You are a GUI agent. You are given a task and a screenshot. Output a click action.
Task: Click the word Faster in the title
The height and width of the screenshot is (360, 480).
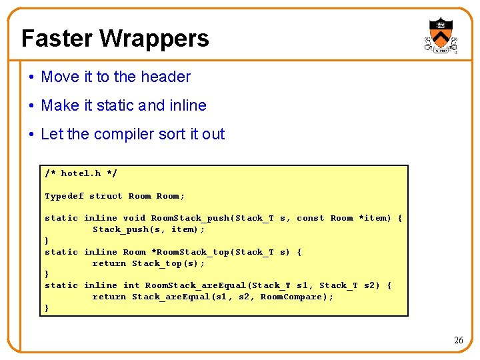click(57, 39)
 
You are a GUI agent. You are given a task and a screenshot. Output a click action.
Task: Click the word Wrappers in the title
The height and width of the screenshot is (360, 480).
click(154, 39)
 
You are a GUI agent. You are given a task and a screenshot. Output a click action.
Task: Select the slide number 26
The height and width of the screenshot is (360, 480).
click(458, 340)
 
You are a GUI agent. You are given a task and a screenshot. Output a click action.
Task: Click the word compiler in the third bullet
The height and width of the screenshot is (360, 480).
click(130, 134)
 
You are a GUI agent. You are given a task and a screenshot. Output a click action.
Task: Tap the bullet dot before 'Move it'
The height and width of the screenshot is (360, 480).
click(33, 77)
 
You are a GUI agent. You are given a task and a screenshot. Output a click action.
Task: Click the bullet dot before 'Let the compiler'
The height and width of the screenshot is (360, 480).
click(33, 135)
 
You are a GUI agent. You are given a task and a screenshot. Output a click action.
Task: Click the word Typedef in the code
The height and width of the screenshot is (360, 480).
click(64, 196)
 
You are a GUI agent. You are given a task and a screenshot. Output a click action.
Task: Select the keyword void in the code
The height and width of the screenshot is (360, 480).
click(134, 218)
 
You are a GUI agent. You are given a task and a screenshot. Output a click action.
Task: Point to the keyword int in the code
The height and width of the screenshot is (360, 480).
click(131, 285)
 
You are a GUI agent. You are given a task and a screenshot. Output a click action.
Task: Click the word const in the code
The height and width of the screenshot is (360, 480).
click(310, 218)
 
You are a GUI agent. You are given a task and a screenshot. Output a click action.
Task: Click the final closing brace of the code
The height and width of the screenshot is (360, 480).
click(47, 308)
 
